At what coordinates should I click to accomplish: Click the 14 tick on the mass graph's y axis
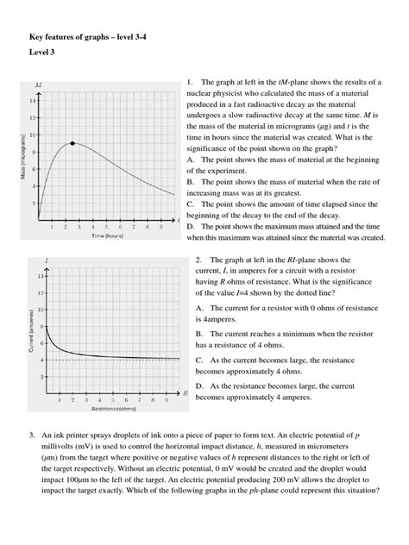pyautogui.click(x=34, y=101)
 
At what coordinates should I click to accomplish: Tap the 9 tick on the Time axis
pyautogui.click(x=160, y=227)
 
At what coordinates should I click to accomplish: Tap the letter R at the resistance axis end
pyautogui.click(x=186, y=392)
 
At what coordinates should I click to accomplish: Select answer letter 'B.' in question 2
pyautogui.click(x=199, y=332)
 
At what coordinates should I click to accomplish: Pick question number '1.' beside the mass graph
pyautogui.click(x=190, y=83)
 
